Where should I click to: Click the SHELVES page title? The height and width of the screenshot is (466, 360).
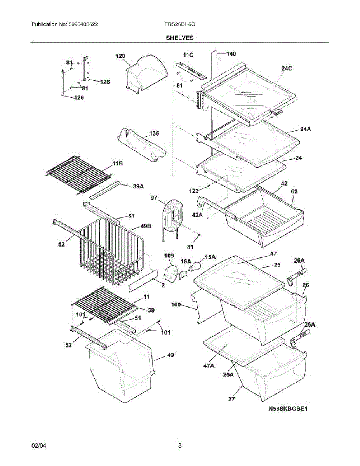point(180,38)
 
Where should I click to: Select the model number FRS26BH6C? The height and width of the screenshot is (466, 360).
point(179,24)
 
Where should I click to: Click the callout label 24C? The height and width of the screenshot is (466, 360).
point(287,68)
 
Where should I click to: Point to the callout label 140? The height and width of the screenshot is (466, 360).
point(231,54)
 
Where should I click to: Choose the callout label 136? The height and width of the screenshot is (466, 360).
point(154,134)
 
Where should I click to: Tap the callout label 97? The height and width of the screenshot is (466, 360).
point(154,198)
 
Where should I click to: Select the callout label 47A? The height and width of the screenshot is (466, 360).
point(208,365)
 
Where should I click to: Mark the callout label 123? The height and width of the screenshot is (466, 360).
point(194,190)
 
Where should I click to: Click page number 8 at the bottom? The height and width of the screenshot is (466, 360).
point(180,446)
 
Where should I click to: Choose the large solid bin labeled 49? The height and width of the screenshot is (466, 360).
point(120,365)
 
